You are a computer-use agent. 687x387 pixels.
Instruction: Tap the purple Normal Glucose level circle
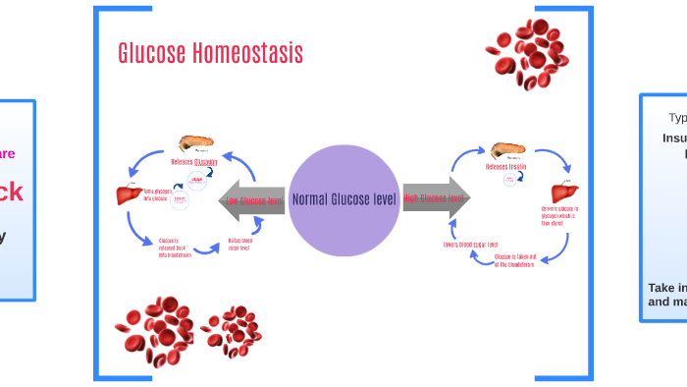pyautogui.click(x=343, y=199)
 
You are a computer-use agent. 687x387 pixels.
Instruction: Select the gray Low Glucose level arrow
pyautogui.click(x=251, y=200)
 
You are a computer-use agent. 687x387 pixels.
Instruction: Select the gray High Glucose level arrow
pyautogui.click(x=436, y=198)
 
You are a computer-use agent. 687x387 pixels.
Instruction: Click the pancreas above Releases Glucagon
pyautogui.click(x=194, y=144)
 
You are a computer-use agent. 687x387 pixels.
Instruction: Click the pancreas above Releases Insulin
pyautogui.click(x=506, y=150)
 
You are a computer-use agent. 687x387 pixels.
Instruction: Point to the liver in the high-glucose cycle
pyautogui.click(x=560, y=192)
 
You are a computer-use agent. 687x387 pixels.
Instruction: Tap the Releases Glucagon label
pyautogui.click(x=194, y=163)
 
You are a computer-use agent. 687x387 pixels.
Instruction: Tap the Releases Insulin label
pyautogui.click(x=506, y=167)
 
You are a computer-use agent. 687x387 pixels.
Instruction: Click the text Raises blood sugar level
pyautogui.click(x=240, y=244)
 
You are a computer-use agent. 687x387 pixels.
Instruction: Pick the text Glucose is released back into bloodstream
pyautogui.click(x=178, y=248)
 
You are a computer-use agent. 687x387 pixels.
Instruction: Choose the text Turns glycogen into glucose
pyautogui.click(x=157, y=194)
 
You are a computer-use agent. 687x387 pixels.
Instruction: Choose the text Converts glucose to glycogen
pyautogui.click(x=560, y=216)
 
